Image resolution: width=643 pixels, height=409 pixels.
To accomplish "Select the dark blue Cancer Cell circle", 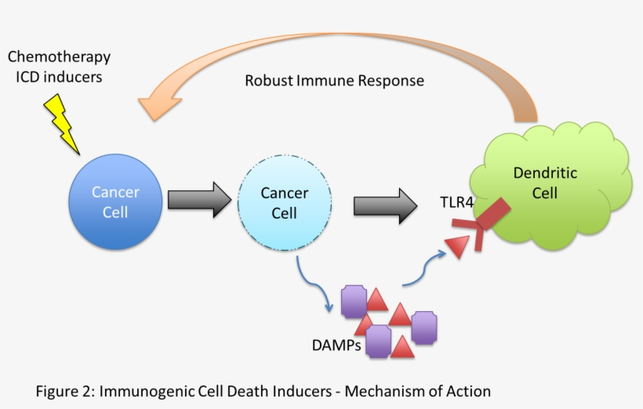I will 115,201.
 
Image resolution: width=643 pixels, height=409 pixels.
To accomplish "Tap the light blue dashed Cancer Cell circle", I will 284,203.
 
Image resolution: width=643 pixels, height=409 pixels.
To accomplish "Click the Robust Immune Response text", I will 334,80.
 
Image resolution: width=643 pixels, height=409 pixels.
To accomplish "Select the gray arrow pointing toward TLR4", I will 385,205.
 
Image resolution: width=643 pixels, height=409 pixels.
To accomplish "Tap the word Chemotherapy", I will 59,57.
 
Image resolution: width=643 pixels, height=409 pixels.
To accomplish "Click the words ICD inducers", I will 59,77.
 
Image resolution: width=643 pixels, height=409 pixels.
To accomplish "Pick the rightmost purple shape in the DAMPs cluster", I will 424,327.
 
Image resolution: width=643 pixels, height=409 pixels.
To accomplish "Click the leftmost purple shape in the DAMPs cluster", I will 354,301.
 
